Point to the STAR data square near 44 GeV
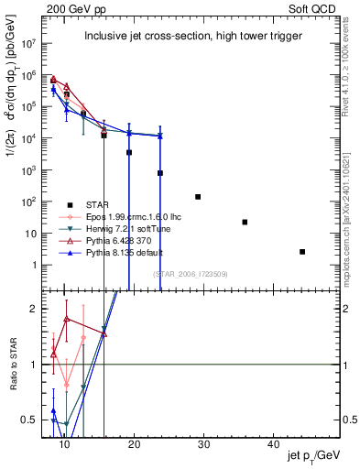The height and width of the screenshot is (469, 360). click(x=302, y=252)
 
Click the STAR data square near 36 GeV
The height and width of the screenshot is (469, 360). click(x=245, y=223)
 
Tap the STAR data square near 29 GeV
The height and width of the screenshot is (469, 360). click(x=198, y=197)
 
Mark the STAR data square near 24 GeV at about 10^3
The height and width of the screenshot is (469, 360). click(x=160, y=173)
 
